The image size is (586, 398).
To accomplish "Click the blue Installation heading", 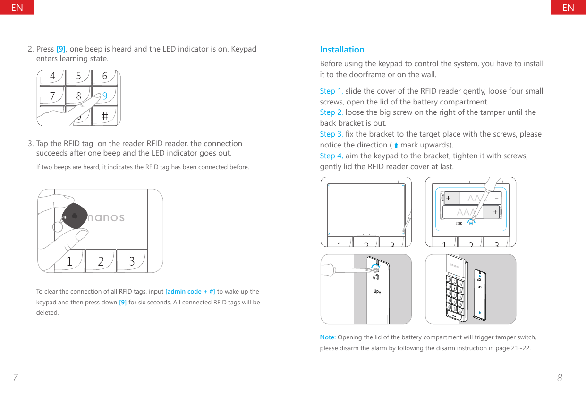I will [342, 50].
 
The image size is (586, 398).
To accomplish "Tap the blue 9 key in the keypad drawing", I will [105, 96].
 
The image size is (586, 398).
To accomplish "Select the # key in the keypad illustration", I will [104, 115].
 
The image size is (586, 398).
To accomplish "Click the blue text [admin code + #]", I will [190, 291].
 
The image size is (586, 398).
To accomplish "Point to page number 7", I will [15, 378].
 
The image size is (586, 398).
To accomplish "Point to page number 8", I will [560, 378].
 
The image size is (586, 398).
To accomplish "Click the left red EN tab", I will [17, 7].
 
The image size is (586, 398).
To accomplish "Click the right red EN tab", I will [568, 7].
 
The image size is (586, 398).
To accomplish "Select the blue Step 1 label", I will [331, 91].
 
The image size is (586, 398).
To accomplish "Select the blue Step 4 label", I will [331, 156].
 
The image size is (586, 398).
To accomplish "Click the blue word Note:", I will [328, 337].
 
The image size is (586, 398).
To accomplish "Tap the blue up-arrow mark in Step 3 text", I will [396, 146].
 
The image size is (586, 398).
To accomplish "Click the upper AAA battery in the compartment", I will [472, 198].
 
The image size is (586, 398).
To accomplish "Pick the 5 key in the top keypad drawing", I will [78, 76].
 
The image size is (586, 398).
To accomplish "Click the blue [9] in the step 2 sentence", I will [61, 49].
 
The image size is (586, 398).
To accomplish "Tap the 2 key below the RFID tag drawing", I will [101, 261].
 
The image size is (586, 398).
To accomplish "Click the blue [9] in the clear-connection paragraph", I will [123, 302].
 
